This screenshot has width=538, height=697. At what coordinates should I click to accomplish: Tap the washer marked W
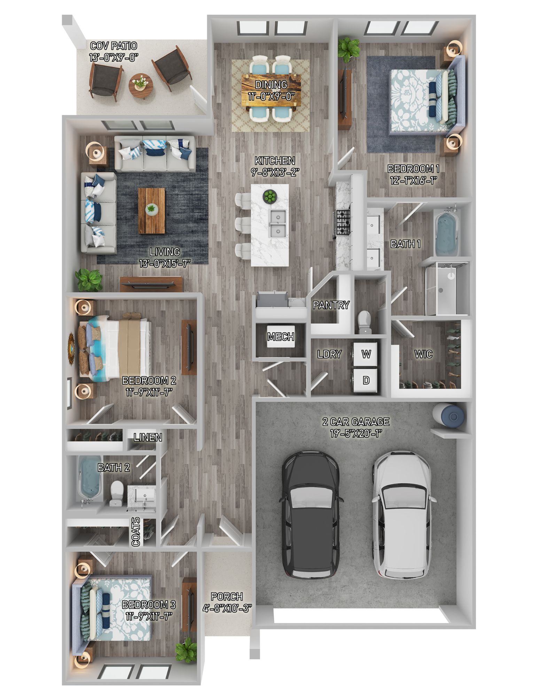pyautogui.click(x=366, y=354)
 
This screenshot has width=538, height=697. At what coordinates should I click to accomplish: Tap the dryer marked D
pyautogui.click(x=366, y=380)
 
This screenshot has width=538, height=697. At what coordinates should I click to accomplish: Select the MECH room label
pyautogui.click(x=281, y=337)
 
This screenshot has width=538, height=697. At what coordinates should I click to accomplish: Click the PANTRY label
pyautogui.click(x=330, y=305)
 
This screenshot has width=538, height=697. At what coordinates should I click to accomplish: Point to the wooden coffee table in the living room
pyautogui.click(x=151, y=211)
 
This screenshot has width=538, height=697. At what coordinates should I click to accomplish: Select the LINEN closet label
pyautogui.click(x=148, y=437)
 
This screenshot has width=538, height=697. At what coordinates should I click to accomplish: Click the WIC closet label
pyautogui.click(x=423, y=354)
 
